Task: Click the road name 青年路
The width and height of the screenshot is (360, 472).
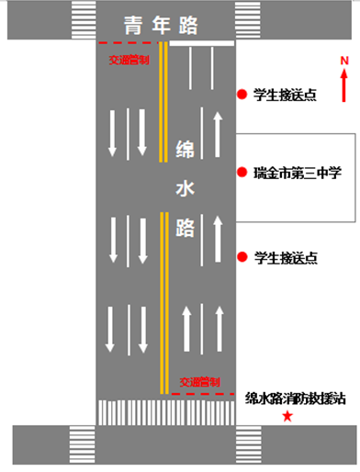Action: [x=161, y=25]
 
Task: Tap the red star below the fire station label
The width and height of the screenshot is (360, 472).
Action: [x=287, y=416]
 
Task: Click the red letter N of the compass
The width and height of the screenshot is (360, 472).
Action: [x=344, y=61]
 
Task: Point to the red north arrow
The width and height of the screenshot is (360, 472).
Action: [x=344, y=85]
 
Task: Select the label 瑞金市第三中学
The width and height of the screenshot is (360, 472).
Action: [x=298, y=173]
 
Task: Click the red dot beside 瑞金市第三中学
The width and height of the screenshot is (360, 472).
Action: [x=242, y=173]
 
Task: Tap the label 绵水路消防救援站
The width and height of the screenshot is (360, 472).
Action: [x=296, y=399]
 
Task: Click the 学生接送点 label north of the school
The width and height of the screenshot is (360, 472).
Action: [x=285, y=95]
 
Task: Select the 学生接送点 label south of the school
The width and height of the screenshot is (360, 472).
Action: [x=286, y=258]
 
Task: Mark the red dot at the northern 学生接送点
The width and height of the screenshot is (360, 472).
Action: [x=242, y=95]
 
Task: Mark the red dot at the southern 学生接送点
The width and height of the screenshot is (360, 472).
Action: [x=242, y=257]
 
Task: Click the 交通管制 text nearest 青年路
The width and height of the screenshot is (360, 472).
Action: [x=129, y=60]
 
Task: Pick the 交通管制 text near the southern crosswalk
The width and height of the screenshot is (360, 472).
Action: [x=199, y=382]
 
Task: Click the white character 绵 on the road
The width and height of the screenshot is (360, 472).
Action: [x=185, y=150]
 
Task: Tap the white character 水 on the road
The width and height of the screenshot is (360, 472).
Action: [x=185, y=188]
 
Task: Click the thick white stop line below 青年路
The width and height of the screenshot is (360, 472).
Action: [x=202, y=43]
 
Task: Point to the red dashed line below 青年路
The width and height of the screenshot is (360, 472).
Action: [x=128, y=43]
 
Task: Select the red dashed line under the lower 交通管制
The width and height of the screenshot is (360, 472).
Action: [x=203, y=394]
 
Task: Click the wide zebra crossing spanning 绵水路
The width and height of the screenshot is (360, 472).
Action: [x=166, y=412]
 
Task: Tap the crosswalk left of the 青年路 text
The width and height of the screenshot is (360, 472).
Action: [x=84, y=20]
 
